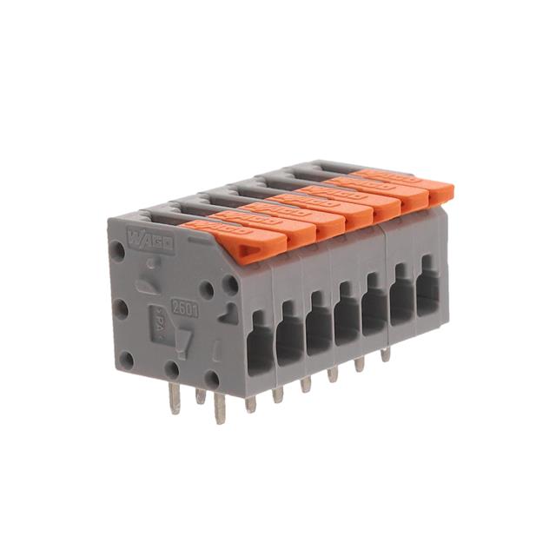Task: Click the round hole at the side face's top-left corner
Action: [x=117, y=251]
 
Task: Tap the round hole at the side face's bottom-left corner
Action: [x=127, y=359]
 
